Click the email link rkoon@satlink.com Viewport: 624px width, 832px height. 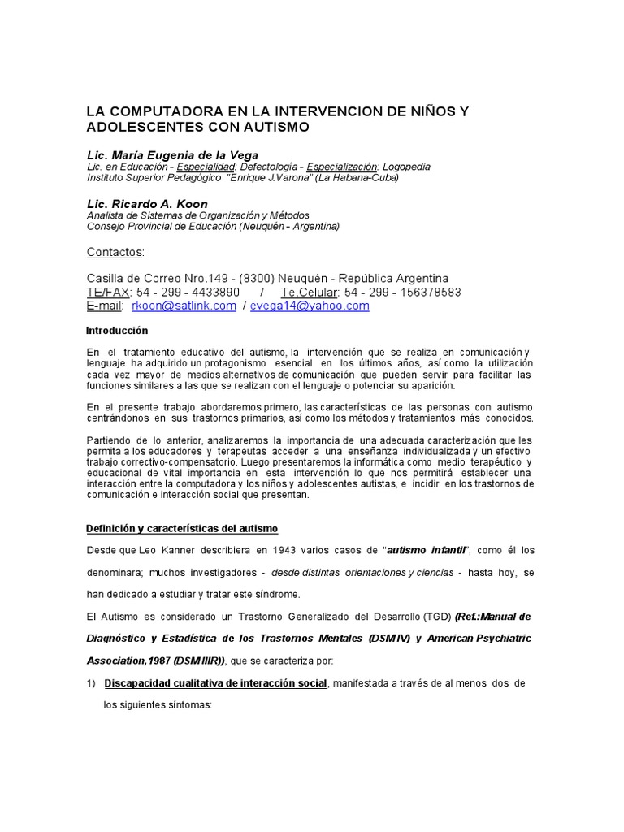[x=186, y=305]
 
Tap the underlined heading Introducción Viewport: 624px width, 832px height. [x=117, y=331]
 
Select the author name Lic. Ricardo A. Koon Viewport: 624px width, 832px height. [x=147, y=204]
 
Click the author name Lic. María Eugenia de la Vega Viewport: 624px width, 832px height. [x=172, y=155]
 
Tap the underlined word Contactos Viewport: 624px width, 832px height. [x=114, y=252]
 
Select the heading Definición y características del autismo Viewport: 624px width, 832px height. [x=182, y=528]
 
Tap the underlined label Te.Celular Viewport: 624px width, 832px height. [x=311, y=292]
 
